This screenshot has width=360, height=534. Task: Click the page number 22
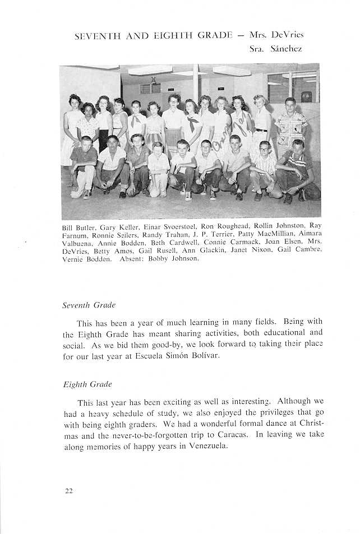68,491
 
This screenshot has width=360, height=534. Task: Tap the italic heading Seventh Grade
89,305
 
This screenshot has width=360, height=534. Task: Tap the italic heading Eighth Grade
87,384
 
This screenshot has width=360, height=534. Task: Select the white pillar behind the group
196,84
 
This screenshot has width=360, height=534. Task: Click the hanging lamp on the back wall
153,80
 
